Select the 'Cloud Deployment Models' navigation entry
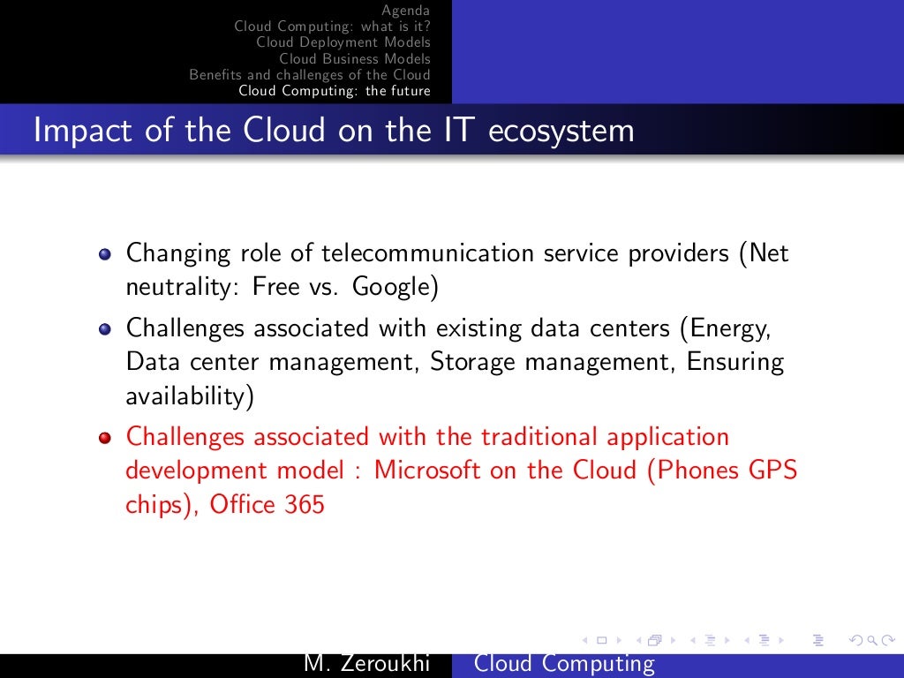pyautogui.click(x=343, y=42)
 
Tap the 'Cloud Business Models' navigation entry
pyautogui.click(x=355, y=58)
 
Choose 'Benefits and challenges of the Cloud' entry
pyautogui.click(x=310, y=74)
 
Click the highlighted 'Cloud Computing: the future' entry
pyautogui.click(x=335, y=91)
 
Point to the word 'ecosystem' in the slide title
pyautogui.click(x=561, y=131)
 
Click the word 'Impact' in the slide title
pyautogui.click(x=75, y=131)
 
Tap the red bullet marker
pyautogui.click(x=106, y=438)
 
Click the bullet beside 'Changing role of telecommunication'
pyautogui.click(x=106, y=254)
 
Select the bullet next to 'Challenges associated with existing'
pyautogui.click(x=106, y=328)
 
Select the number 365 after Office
pyautogui.click(x=305, y=506)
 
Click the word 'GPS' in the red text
pyautogui.click(x=772, y=470)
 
